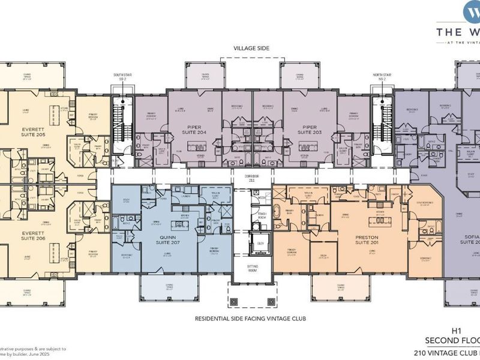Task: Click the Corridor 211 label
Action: click(x=250, y=178)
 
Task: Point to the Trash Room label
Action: click(x=262, y=215)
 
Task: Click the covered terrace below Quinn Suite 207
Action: click(x=160, y=287)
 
